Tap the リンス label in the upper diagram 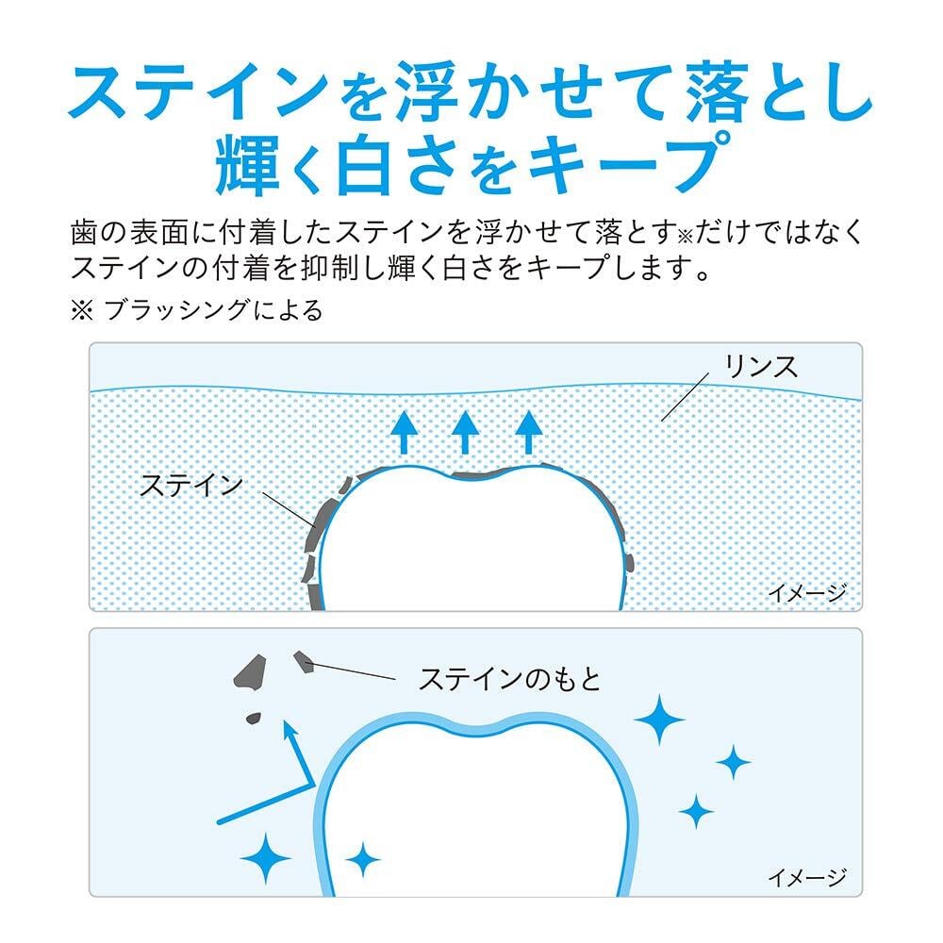(760, 367)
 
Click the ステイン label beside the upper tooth (191, 485)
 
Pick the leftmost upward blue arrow (405, 433)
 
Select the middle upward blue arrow (465, 433)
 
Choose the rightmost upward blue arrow (530, 433)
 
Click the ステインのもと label (509, 678)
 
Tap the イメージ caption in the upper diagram (806, 593)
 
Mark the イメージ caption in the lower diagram (806, 878)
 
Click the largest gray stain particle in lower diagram (250, 672)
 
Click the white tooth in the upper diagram (471, 547)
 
